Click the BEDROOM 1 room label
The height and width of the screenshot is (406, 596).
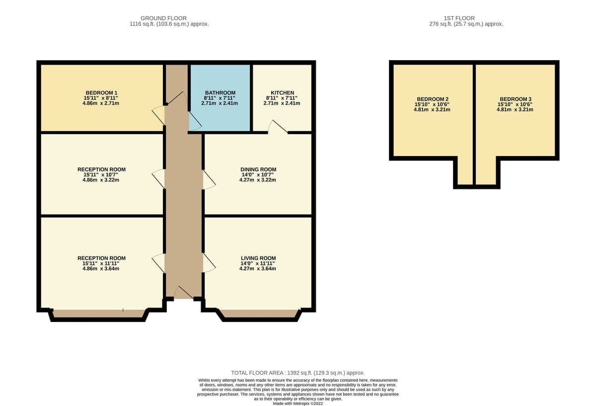pyautogui.click(x=101, y=92)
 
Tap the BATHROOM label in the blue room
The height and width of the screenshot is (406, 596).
pyautogui.click(x=220, y=92)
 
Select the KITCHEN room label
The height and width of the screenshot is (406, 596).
pyautogui.click(x=282, y=92)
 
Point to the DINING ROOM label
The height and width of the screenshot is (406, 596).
pyautogui.click(x=258, y=169)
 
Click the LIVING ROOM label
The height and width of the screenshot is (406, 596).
pyautogui.click(x=258, y=258)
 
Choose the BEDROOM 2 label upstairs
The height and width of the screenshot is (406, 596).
pyautogui.click(x=433, y=99)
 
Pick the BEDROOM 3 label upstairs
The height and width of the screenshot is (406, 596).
pyautogui.click(x=516, y=99)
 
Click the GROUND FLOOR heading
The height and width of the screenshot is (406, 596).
pyautogui.click(x=163, y=18)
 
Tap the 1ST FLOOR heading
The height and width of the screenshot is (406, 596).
pyautogui.click(x=459, y=18)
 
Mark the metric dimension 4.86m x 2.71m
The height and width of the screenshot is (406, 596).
pyautogui.click(x=101, y=103)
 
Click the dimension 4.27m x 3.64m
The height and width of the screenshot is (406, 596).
pyautogui.click(x=258, y=268)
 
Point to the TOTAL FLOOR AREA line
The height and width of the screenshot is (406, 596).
pyautogui.click(x=298, y=373)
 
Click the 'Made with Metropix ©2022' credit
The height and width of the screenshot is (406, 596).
pyautogui.click(x=298, y=404)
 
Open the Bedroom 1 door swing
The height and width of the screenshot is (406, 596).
pyautogui.click(x=158, y=115)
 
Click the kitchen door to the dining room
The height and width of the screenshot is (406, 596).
pyautogui.click(x=278, y=126)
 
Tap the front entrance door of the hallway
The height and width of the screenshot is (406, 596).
pyautogui.click(x=184, y=292)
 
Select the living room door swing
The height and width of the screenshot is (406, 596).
pyautogui.click(x=209, y=262)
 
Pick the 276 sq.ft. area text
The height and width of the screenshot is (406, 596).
pyautogui.click(x=466, y=24)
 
